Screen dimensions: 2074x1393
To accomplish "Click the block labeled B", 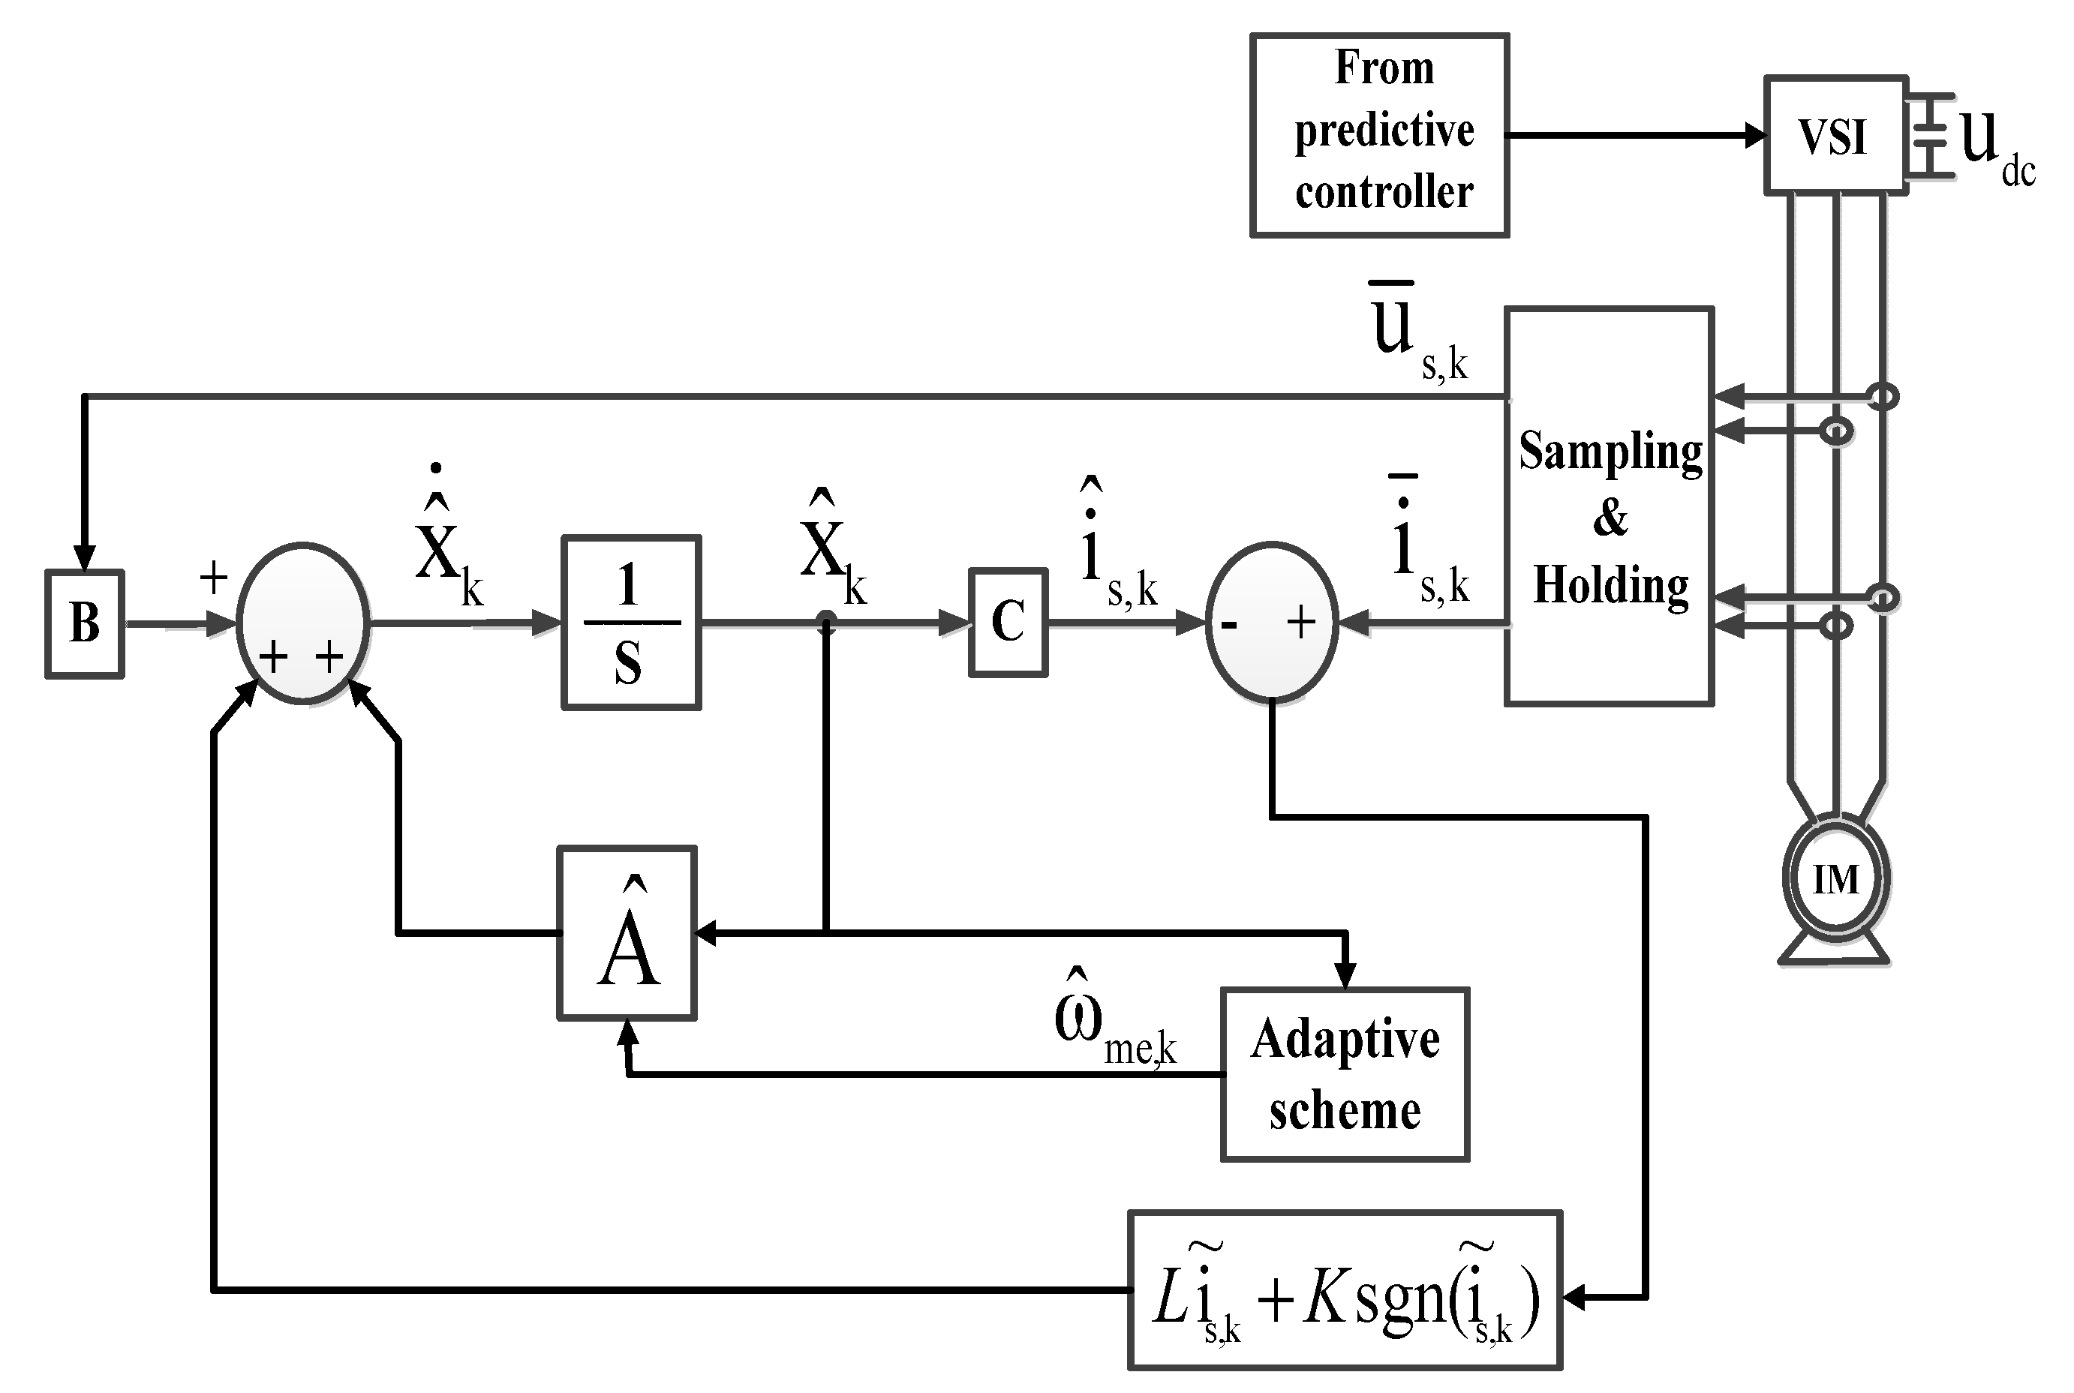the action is [x=85, y=623].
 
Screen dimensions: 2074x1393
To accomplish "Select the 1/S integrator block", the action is [x=631, y=622].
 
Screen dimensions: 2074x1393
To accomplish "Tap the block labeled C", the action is [x=1008, y=622].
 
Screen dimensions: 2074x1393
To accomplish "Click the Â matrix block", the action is [x=627, y=933].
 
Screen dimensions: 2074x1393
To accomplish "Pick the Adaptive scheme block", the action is [x=1345, y=1074].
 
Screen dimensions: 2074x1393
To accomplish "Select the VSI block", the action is [x=1835, y=135].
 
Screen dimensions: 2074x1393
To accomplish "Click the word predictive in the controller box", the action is [x=1384, y=131].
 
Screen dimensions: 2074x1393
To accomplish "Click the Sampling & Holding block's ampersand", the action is [x=1610, y=518].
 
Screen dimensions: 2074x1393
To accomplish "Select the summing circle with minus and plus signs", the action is [x=1272, y=621].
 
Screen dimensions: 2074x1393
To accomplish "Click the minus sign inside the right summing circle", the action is [x=1229, y=626].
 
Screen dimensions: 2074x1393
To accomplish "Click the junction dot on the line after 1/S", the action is [x=826, y=621].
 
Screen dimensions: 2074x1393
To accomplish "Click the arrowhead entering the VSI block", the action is [x=1754, y=135].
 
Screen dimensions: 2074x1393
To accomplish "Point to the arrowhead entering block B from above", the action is [x=85, y=557].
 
